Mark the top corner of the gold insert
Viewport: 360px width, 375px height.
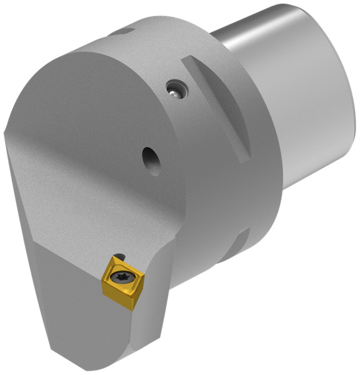point(116,255)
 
